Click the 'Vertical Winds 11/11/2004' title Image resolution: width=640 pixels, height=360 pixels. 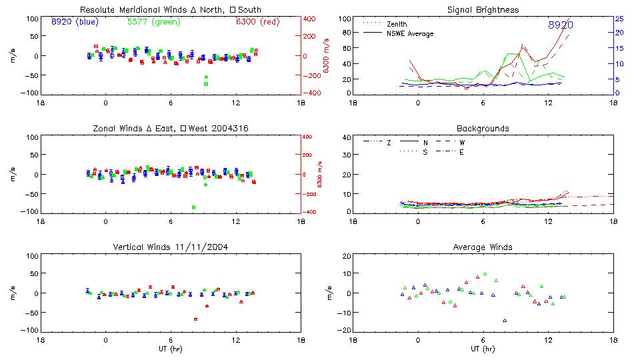(171, 247)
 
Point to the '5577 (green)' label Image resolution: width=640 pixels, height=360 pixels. (153, 22)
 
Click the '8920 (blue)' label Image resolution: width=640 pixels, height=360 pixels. (74, 22)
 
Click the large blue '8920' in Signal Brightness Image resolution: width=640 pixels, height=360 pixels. (561, 25)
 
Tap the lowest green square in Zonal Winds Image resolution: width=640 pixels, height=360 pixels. (194, 207)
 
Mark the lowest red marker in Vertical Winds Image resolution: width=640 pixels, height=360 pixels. (195, 319)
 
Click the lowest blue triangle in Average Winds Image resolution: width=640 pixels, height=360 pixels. (505, 321)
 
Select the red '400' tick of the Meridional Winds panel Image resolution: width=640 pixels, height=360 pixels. (309, 19)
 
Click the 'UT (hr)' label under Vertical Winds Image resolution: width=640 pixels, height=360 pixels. (171, 349)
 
